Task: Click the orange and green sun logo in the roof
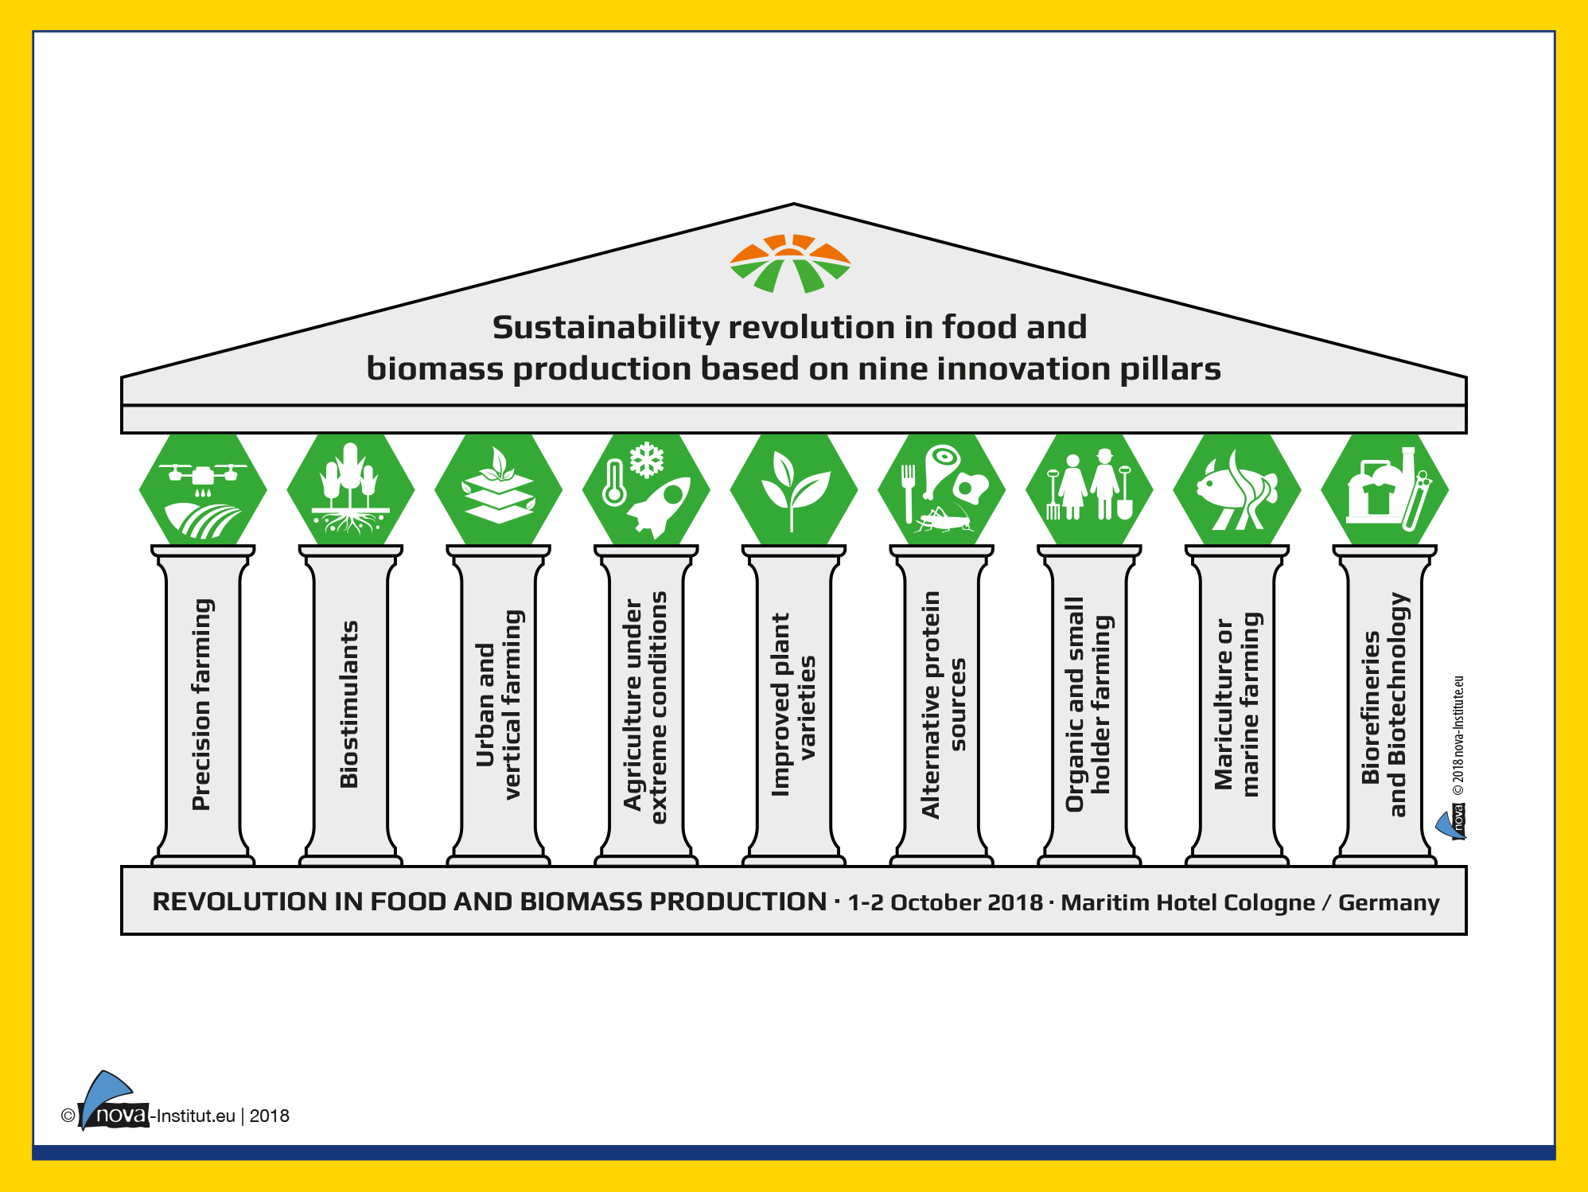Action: (790, 263)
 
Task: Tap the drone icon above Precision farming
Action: (203, 474)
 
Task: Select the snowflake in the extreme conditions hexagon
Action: (647, 460)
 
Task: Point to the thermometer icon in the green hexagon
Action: (613, 483)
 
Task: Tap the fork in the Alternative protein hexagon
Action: (909, 493)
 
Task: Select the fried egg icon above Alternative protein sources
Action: (971, 487)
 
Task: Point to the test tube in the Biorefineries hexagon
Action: (1417, 501)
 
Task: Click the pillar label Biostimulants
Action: (348, 704)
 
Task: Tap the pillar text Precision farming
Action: (202, 704)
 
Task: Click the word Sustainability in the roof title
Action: (605, 328)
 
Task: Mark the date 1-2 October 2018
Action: (945, 902)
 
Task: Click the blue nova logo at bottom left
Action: (107, 1100)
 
